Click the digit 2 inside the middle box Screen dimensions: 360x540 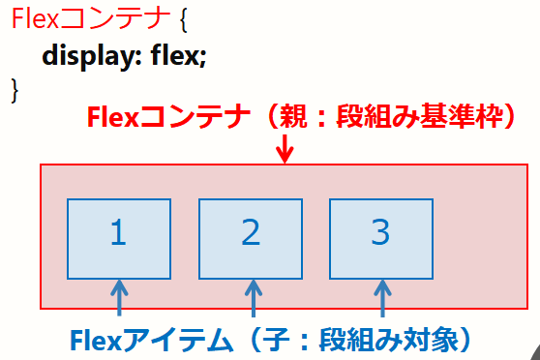tap(251, 233)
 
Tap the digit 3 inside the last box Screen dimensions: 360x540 tap(380, 233)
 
